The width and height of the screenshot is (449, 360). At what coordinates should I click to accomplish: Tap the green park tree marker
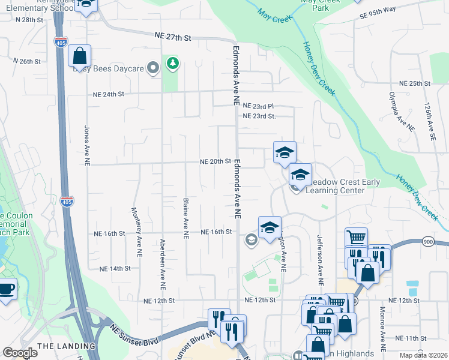[x=173, y=62]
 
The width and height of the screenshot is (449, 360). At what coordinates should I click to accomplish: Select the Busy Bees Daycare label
[x=109, y=68]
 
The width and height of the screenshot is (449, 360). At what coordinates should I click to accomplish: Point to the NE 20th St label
[x=216, y=161]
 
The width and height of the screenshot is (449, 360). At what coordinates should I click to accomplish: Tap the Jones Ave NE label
[x=87, y=145]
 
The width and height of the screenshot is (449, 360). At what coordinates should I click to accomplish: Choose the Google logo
[x=20, y=353]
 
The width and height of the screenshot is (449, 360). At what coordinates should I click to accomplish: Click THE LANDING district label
[x=66, y=346]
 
